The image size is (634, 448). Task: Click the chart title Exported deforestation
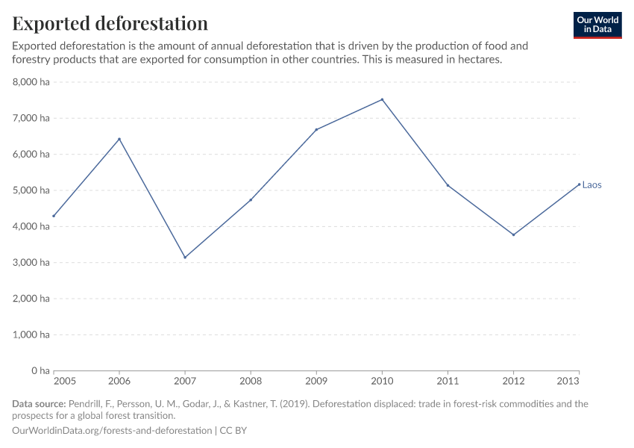110,23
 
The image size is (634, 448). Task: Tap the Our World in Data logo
597,25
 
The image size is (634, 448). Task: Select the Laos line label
591,185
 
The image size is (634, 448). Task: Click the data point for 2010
382,99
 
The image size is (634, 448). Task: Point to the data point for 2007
185,257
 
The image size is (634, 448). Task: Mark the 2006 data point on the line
119,139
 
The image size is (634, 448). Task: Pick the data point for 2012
513,234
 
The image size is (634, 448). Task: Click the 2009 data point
316,130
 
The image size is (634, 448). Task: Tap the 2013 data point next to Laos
579,184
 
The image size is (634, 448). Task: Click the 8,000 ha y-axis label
31,82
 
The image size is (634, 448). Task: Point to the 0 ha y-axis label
40,370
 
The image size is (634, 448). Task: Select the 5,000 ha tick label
31,190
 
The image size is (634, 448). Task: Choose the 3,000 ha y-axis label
31,262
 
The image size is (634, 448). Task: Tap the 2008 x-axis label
251,381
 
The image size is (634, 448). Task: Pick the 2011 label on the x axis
448,381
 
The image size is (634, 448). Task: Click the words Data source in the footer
39,404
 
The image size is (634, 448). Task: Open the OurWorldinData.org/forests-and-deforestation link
112,431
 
